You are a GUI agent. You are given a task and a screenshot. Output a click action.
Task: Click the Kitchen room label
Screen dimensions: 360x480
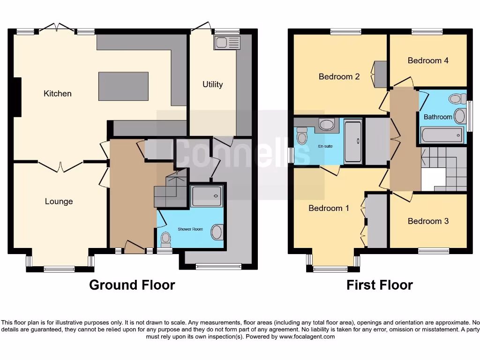coord(58,93)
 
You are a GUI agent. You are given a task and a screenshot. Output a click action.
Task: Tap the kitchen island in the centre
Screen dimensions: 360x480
coord(123,86)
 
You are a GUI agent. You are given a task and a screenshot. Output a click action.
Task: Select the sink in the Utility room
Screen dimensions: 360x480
coord(227,43)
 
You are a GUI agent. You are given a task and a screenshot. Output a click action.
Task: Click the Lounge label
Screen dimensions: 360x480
coord(59,202)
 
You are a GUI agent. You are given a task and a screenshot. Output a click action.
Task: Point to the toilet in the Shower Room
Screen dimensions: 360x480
coord(165,240)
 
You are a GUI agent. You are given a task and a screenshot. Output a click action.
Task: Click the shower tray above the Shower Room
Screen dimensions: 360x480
coord(207,195)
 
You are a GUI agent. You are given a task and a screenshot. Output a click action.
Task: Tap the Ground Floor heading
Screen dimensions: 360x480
coord(132,285)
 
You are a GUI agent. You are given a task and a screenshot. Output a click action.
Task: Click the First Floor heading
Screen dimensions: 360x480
coord(380,285)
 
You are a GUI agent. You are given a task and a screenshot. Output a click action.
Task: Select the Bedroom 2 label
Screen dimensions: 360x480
coord(339,76)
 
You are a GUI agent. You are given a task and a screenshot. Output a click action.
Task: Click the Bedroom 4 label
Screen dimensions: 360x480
coord(428,60)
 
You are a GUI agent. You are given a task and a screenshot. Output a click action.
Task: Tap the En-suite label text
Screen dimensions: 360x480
coord(325,147)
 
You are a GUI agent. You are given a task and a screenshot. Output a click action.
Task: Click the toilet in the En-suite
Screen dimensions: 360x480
coord(302,135)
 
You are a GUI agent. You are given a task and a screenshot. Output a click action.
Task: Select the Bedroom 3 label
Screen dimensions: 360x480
coord(428,221)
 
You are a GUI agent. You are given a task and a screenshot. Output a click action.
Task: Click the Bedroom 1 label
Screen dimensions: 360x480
coord(329,208)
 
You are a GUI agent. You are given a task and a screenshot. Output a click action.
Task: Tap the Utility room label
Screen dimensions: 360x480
coord(212,84)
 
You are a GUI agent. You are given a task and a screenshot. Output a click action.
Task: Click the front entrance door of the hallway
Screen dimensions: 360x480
coord(135,247)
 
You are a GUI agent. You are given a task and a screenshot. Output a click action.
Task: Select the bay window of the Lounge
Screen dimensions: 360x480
coord(59,269)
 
